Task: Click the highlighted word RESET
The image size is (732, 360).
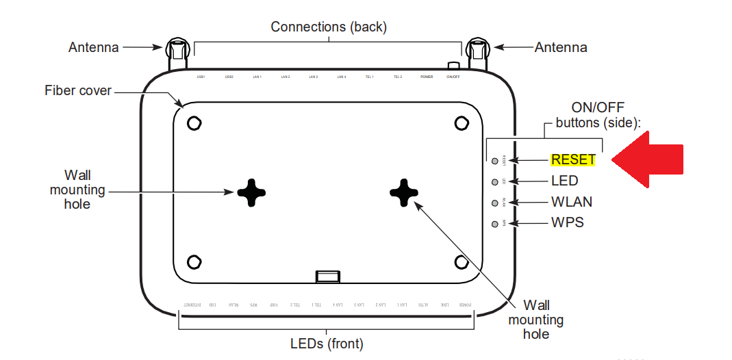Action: point(573,159)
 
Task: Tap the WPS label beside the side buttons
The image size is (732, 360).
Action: point(567,222)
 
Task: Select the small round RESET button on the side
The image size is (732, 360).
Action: point(494,161)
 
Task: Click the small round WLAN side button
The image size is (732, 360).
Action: point(494,203)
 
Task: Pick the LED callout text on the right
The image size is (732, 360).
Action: point(564,181)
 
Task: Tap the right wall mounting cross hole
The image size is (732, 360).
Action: point(404,193)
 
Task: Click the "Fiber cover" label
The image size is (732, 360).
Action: point(78,90)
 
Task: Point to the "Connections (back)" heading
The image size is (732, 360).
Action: point(329,27)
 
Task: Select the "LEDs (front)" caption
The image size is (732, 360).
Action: point(326,343)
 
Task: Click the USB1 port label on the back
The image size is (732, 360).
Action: point(201,77)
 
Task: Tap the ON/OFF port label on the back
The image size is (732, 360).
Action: point(453,77)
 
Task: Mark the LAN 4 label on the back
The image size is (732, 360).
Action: point(342,77)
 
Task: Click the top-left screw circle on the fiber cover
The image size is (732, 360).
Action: point(194,123)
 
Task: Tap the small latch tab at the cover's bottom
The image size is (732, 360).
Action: point(327,276)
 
